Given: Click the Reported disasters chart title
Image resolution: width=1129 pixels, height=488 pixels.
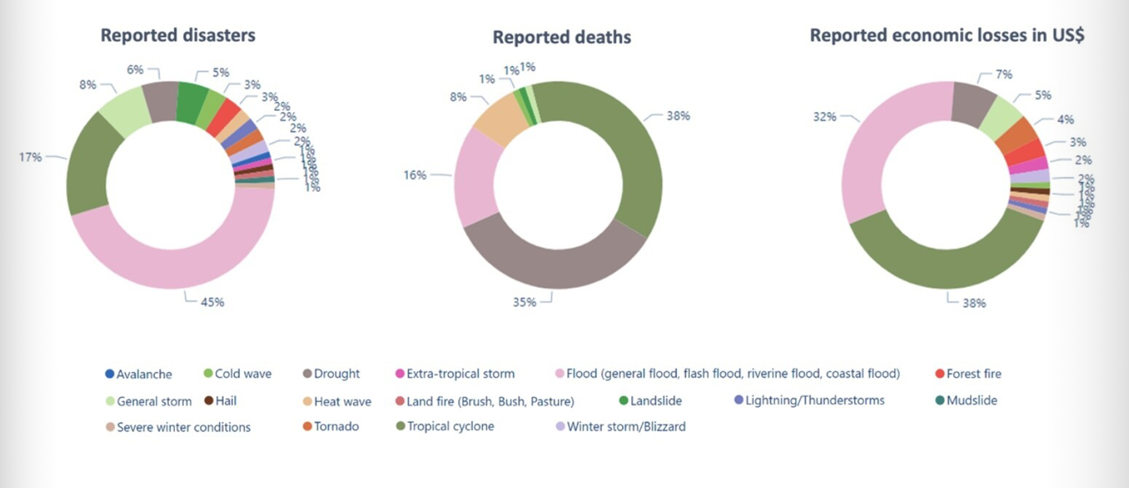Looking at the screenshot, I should pos(178,35).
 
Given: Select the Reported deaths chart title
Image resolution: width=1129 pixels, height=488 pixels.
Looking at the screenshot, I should pos(561,37).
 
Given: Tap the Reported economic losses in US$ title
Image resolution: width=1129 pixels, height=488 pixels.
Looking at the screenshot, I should pos(947,35).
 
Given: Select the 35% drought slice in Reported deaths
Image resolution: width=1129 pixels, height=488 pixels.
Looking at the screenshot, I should pos(552,261).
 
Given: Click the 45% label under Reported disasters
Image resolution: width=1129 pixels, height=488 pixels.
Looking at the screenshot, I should pos(212,302).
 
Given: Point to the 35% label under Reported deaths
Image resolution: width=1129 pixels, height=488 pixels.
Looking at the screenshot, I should pos(524,302).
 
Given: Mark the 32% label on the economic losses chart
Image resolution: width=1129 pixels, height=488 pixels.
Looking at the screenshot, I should pos(825,117).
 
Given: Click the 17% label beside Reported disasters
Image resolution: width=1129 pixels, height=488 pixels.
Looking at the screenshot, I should pos(30,157).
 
